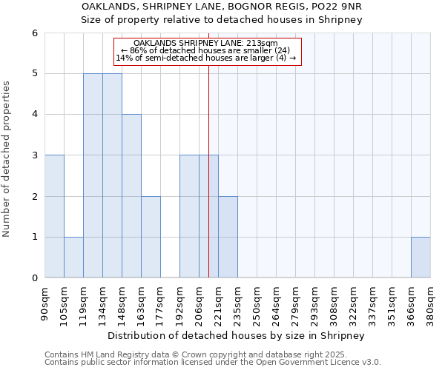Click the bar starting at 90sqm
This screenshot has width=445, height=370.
tap(54, 216)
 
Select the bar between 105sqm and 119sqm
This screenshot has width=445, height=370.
tap(73, 258)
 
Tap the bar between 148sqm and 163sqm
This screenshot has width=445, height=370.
tap(131, 196)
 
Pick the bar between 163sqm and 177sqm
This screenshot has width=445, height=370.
tap(151, 237)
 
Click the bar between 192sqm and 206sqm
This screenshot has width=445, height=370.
tap(189, 216)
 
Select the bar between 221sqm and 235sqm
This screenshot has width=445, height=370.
tap(228, 237)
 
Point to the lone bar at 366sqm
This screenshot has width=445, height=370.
tap(421, 258)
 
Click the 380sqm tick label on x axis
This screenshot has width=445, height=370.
tap(430, 304)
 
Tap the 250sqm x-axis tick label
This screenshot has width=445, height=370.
tap(257, 304)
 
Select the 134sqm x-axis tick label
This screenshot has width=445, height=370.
tap(102, 304)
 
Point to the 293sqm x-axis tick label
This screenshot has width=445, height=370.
tap(314, 304)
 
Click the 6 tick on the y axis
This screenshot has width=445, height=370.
tap(35, 33)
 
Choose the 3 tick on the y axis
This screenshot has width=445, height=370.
tap(35, 155)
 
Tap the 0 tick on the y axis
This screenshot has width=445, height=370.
tap(35, 278)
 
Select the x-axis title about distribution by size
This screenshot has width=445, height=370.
tap(237, 335)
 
